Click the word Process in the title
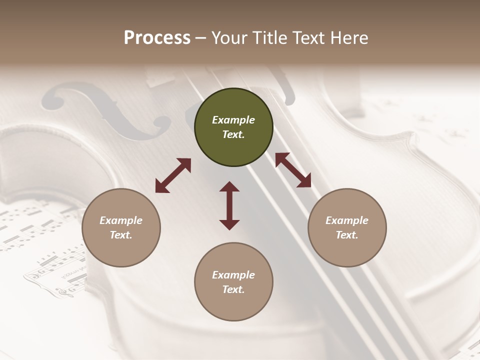click(x=157, y=38)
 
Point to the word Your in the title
click(x=228, y=38)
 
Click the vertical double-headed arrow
click(x=229, y=205)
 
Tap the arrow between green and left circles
click(x=173, y=175)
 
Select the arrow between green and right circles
click(x=293, y=170)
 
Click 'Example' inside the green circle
click(x=233, y=120)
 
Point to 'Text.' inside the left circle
click(x=121, y=235)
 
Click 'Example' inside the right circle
click(x=347, y=220)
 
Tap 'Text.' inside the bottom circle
click(x=233, y=289)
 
